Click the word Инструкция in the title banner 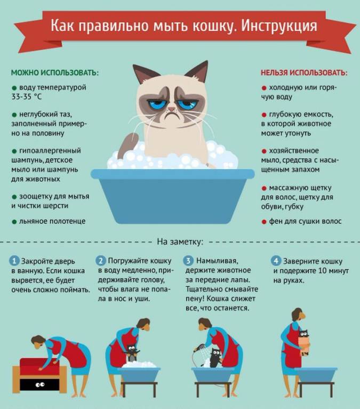coord(279,26)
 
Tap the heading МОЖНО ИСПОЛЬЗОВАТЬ coord(55,73)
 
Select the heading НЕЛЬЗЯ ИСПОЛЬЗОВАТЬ coord(304,73)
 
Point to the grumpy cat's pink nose coord(171,108)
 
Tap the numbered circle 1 coord(14,261)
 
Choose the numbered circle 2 coord(101,261)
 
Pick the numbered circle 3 coord(188,261)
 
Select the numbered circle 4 coord(276,261)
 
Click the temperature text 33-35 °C coord(26,97)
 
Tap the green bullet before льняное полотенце coord(14,222)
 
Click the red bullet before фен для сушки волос coord(264,222)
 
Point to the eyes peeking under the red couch coord(40,384)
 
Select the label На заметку coord(180,242)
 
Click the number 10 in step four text coord(323,271)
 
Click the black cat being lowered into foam coord(132,353)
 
